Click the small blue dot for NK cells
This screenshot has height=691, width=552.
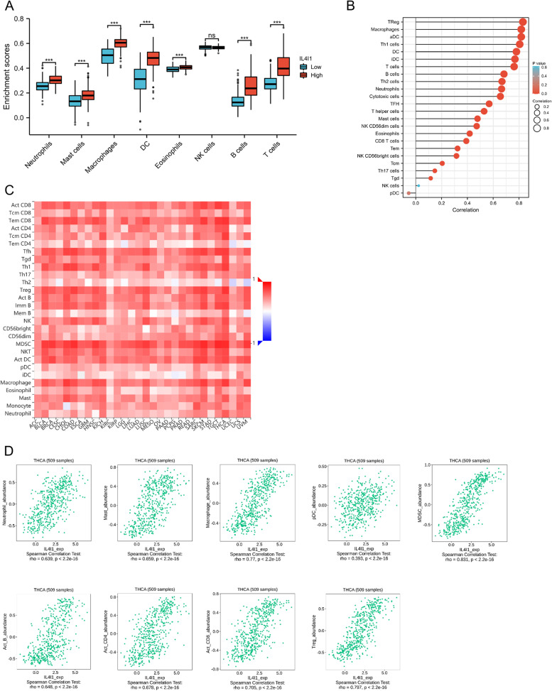[418, 185]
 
